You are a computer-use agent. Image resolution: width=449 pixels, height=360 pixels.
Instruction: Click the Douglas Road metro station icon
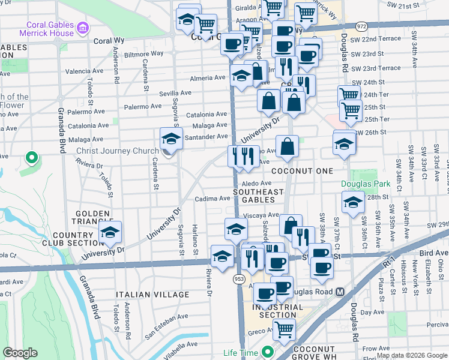[x=340, y=292]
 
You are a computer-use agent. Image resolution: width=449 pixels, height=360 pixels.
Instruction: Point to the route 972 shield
[x=361, y=27]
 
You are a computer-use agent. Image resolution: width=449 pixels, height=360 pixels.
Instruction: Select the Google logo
[x=20, y=353]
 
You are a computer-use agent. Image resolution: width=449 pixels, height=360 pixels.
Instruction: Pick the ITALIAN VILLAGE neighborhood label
[x=153, y=295]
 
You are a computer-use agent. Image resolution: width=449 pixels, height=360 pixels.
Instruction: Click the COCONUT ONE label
[x=301, y=172]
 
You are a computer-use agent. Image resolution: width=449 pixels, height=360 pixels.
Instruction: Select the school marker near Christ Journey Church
[x=170, y=139]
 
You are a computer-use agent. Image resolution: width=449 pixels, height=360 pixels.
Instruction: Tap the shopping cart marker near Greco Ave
[x=283, y=329]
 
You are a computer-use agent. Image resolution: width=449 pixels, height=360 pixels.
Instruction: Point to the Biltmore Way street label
[x=144, y=53]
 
